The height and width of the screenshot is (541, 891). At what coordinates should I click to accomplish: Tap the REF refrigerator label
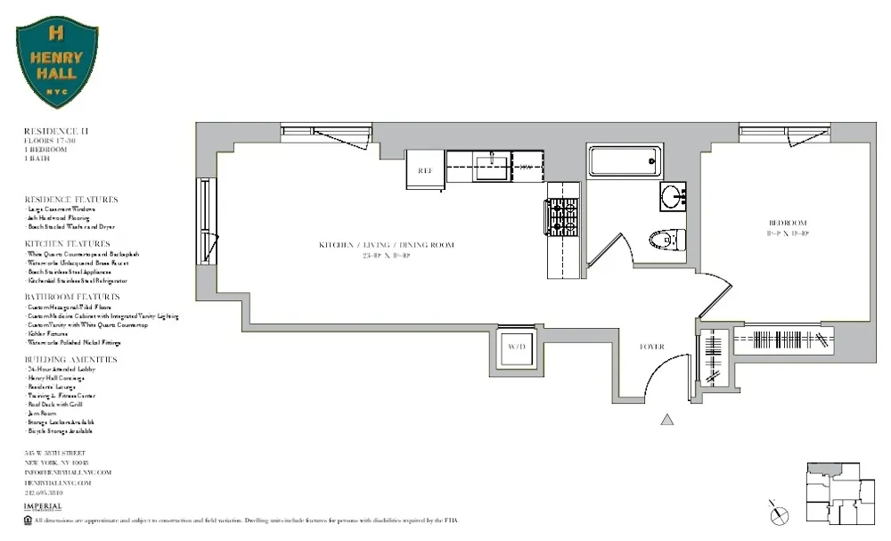coord(425,169)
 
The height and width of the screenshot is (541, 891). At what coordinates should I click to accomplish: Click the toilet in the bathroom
coord(666,239)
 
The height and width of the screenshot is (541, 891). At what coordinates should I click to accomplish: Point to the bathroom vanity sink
coord(673,196)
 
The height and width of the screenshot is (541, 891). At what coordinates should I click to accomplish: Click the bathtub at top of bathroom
coord(625,161)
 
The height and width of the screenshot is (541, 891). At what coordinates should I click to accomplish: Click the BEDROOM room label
coord(788,222)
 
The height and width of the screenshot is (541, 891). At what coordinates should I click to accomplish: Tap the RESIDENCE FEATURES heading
coord(70,200)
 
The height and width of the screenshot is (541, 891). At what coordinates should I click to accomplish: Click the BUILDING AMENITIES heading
coord(70,359)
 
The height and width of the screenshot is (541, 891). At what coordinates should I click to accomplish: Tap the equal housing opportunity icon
coord(29,520)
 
